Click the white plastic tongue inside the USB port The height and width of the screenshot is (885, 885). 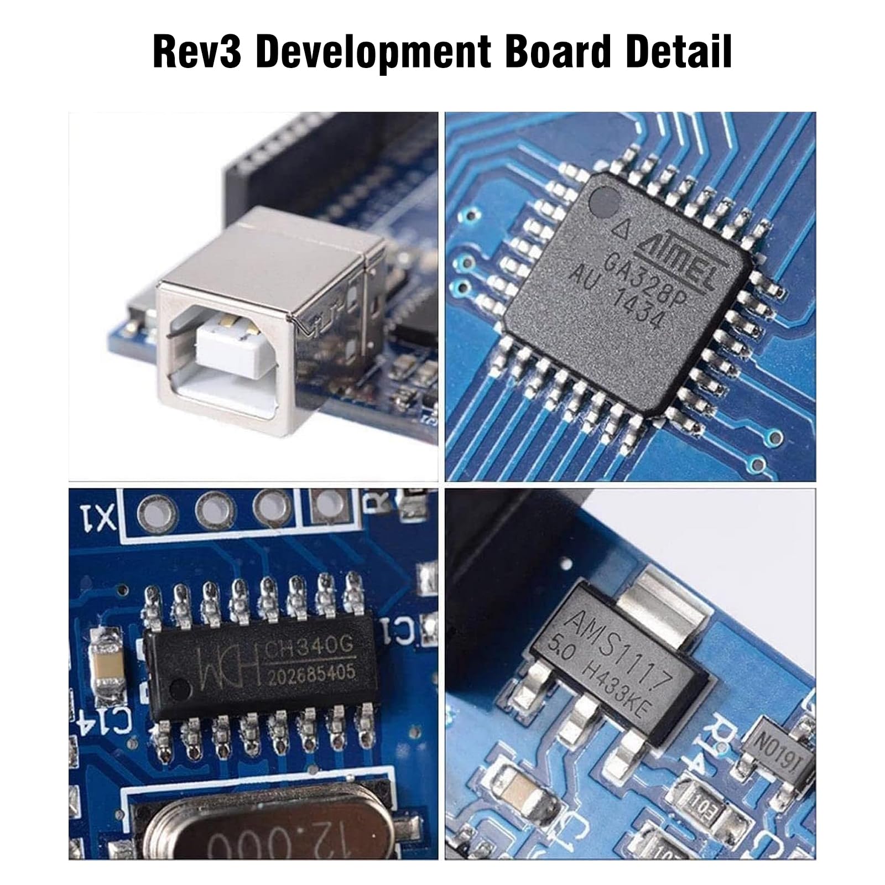coord(226,346)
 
